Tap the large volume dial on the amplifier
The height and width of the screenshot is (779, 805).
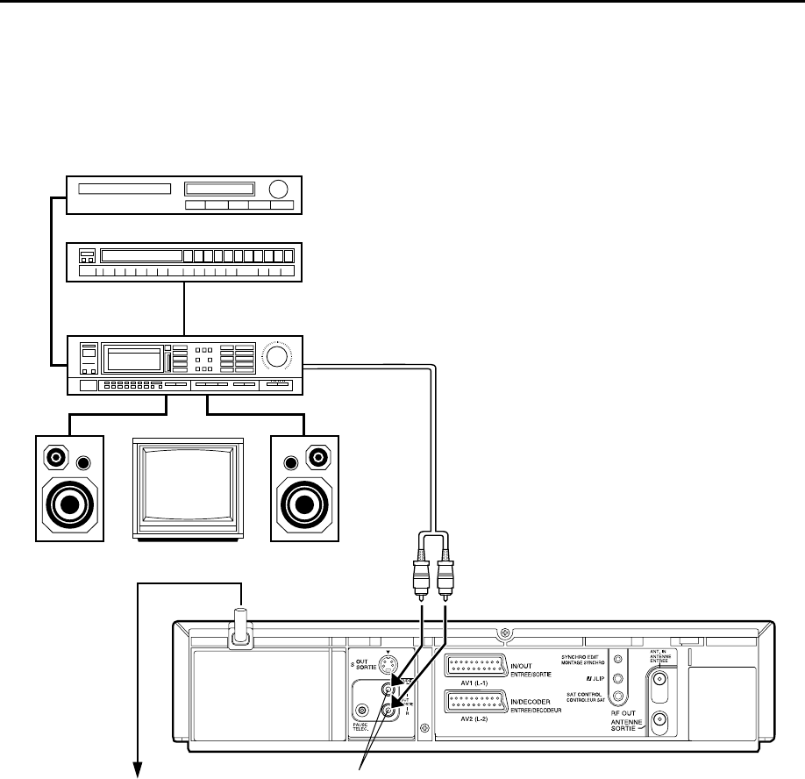tap(277, 356)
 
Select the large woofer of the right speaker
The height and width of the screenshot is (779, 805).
tap(303, 504)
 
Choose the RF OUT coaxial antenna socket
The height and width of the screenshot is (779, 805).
tap(659, 721)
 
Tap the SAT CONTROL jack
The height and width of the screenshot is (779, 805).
tap(617, 697)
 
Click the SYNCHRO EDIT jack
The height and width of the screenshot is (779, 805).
tap(617, 660)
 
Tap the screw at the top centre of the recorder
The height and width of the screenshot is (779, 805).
tap(503, 634)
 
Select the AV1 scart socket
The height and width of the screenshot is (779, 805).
tap(474, 665)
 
